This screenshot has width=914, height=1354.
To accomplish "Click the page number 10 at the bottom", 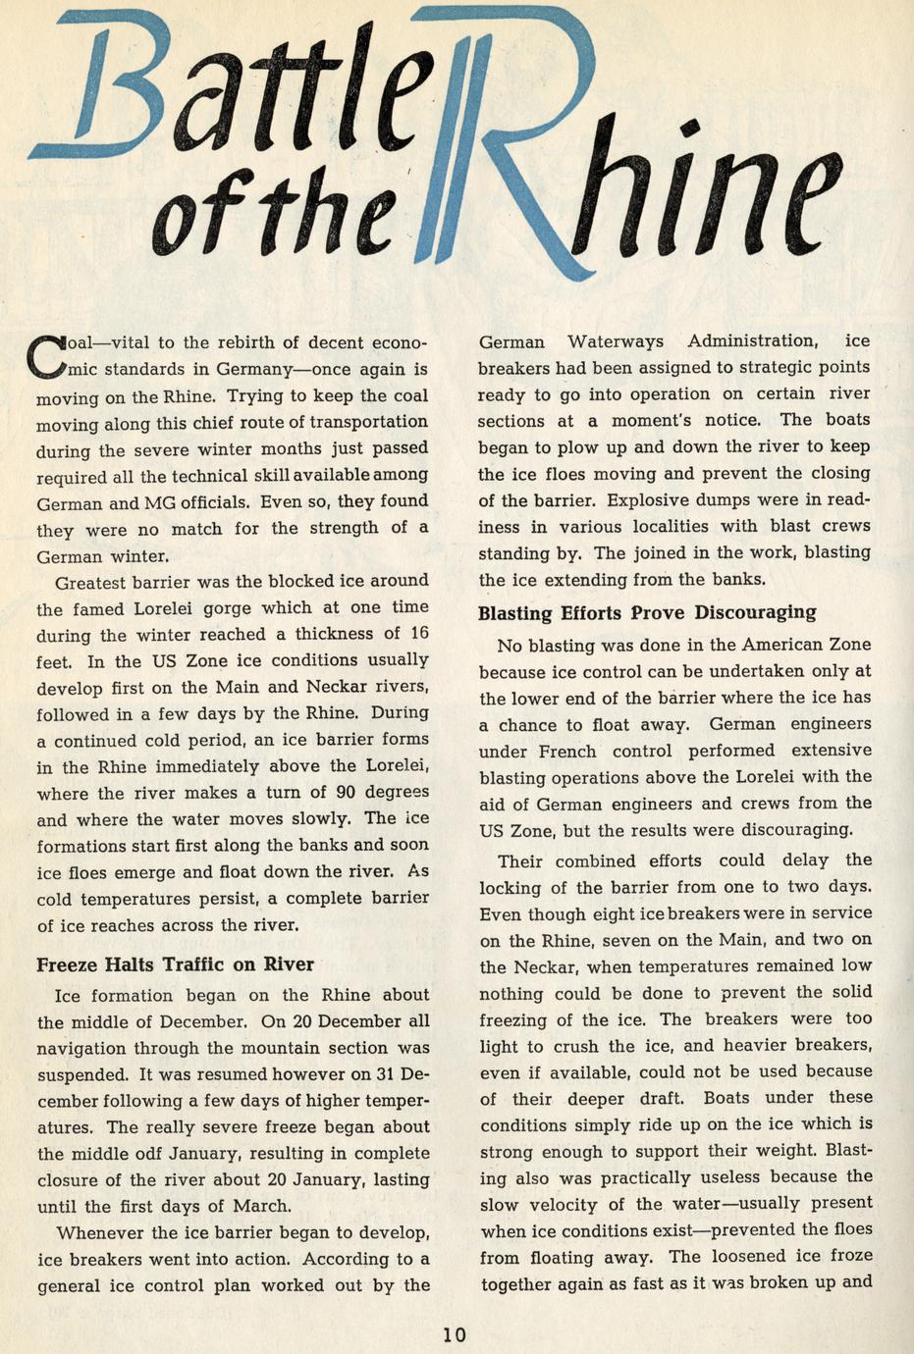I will tap(454, 1333).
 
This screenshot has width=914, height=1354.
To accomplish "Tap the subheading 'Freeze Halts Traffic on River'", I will tap(175, 963).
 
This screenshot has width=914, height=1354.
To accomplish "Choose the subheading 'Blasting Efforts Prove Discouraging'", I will tap(647, 613).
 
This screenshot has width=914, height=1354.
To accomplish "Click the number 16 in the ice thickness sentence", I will tap(418, 634).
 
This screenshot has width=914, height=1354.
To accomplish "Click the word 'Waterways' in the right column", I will tap(615, 341).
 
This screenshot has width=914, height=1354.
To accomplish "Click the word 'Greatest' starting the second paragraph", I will tap(89, 582).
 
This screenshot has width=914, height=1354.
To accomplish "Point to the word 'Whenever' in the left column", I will tap(98, 1233).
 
